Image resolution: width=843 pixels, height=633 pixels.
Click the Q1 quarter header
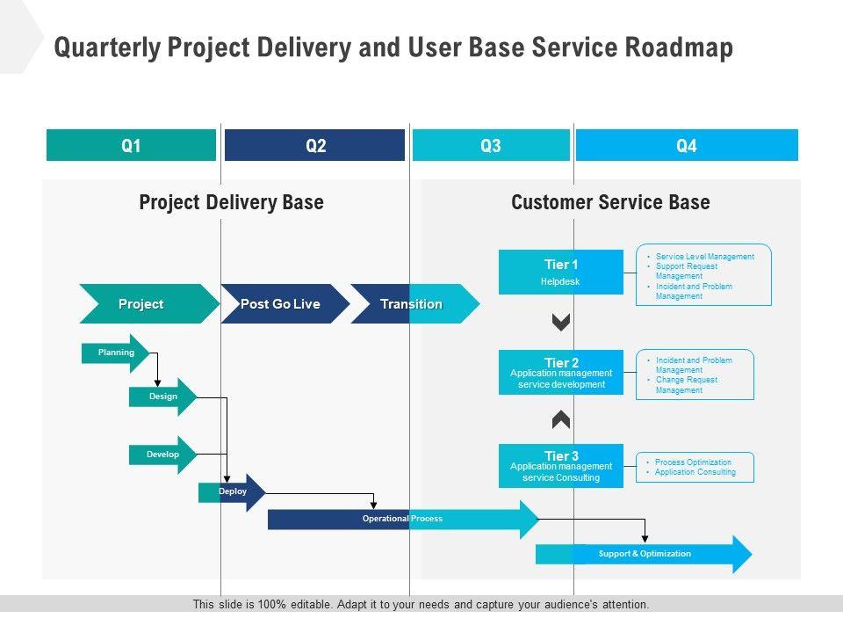click(x=131, y=146)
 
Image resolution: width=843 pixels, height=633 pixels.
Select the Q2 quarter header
click(x=314, y=146)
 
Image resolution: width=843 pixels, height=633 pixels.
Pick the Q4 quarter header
click(x=687, y=146)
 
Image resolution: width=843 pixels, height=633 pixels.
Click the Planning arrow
click(x=116, y=353)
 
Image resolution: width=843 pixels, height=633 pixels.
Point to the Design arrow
click(x=162, y=397)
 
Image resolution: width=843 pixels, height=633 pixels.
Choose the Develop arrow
click(x=162, y=455)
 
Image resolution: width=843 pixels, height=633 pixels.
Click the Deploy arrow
click(x=232, y=492)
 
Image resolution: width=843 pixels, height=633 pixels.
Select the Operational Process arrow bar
click(x=402, y=519)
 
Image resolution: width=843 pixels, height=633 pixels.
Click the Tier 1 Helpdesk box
click(x=561, y=272)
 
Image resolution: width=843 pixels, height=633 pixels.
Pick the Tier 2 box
click(x=561, y=372)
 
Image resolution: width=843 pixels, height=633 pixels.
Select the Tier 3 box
click(x=561, y=466)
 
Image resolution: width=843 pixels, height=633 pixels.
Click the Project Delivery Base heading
click(x=231, y=202)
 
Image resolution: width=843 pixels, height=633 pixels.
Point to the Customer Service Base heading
click(x=610, y=202)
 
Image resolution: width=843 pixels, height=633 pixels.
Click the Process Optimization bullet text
click(x=693, y=462)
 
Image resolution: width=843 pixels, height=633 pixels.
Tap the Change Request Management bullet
click(x=686, y=385)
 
